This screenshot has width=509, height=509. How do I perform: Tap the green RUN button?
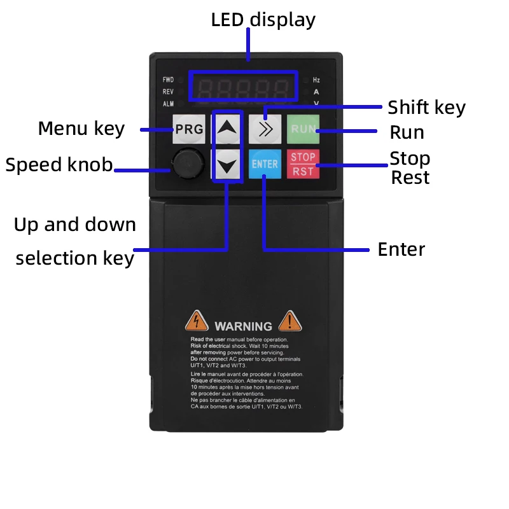tap(302, 129)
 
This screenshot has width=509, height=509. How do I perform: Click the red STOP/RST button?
tap(303, 164)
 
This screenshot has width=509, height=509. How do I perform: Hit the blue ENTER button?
tap(265, 164)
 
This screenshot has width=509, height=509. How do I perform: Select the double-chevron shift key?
tap(265, 129)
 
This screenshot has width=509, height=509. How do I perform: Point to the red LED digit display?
tap(244, 88)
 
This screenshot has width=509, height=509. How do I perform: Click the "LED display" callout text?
tap(263, 20)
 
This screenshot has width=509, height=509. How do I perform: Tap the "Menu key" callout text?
tap(81, 129)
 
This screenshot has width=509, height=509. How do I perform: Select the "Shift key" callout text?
tap(426, 108)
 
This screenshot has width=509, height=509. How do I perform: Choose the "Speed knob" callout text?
tap(59, 165)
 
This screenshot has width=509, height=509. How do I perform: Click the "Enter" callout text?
tap(401, 249)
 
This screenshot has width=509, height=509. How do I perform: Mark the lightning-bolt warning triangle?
tap(197, 321)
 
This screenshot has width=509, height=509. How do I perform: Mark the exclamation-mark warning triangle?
tap(290, 321)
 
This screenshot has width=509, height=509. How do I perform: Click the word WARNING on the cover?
tap(243, 326)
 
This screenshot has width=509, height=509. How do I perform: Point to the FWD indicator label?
tap(168, 80)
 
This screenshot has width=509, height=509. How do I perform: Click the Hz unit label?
tap(316, 80)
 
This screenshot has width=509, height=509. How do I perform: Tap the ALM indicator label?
tap(168, 104)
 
